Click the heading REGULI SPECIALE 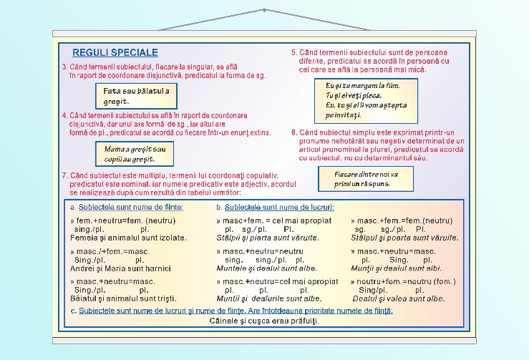point(115,53)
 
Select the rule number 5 point(293,53)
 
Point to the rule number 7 point(64,175)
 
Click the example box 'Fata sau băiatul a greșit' point(136,96)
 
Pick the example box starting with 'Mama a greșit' point(135,153)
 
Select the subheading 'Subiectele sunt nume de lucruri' point(275,208)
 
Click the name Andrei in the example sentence point(82,268)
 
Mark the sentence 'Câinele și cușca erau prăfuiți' point(264,321)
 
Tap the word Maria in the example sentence point(117,268)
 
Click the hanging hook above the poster point(264,10)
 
